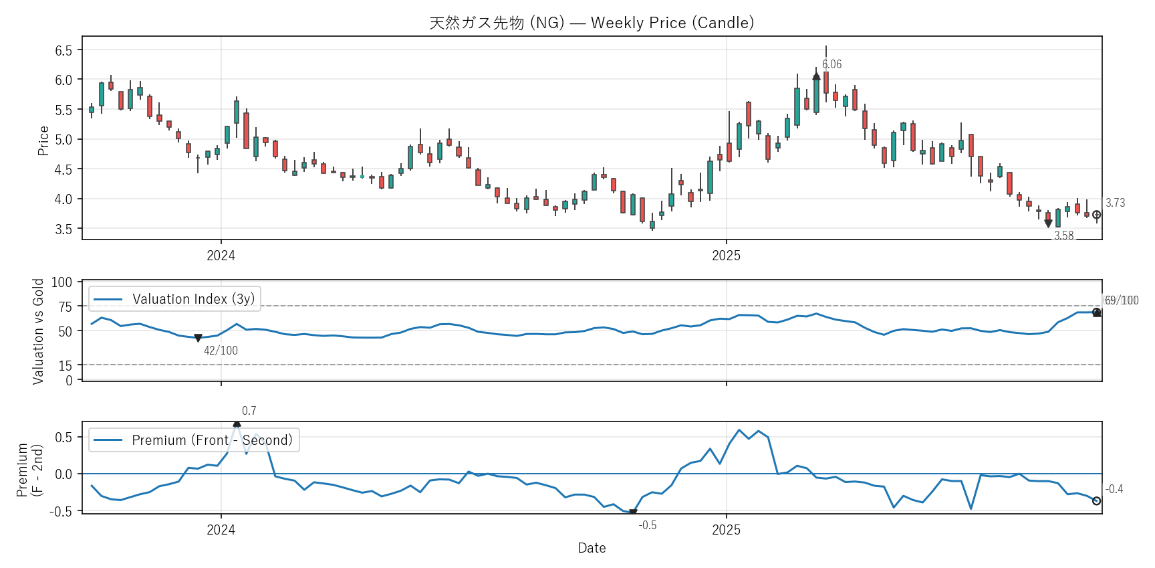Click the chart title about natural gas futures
[592, 23]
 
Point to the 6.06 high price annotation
[831, 64]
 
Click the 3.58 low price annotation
[1063, 235]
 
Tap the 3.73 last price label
[1115, 203]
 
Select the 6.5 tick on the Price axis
[63, 50]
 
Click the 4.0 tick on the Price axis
[63, 199]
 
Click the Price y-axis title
[43, 140]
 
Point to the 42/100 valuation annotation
[221, 351]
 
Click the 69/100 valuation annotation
[1121, 300]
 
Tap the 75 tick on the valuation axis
[65, 306]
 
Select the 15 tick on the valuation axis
[65, 365]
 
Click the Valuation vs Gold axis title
[38, 331]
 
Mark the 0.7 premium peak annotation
[249, 411]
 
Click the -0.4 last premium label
[1114, 489]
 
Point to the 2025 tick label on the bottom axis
[726, 530]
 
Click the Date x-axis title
[592, 548]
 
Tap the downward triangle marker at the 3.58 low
[1048, 223]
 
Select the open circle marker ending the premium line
[1096, 501]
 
